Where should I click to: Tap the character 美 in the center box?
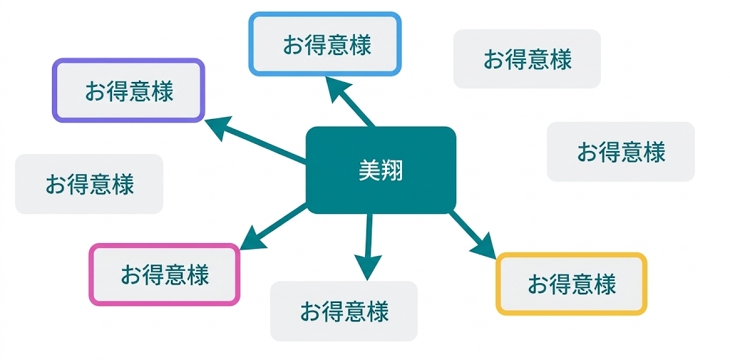369,170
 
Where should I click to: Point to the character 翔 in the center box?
392,170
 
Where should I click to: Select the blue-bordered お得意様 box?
325,43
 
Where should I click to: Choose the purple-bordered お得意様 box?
129,91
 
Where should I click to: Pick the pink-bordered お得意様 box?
165,274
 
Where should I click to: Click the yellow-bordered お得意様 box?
571,284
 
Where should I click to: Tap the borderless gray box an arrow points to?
344,311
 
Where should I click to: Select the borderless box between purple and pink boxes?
89,184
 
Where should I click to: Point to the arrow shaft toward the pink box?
282,222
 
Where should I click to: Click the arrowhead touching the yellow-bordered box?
485,247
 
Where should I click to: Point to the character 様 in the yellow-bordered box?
605,284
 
